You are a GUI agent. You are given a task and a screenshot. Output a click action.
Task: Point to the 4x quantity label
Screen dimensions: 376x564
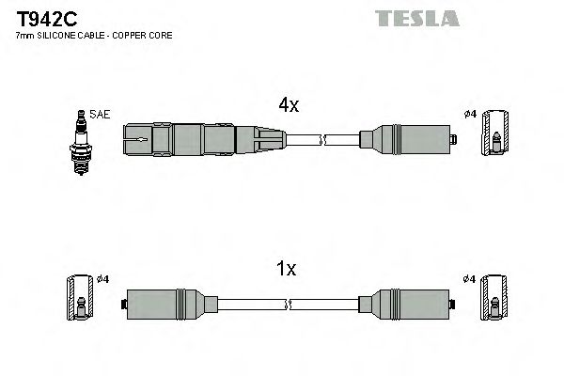coord(287,107)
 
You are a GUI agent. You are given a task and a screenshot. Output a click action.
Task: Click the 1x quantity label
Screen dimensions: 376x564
coord(287,269)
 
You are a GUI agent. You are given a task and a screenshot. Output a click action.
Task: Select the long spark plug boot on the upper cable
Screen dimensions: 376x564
coord(193,142)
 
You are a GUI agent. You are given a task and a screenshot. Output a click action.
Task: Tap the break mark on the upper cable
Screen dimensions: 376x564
coord(322,142)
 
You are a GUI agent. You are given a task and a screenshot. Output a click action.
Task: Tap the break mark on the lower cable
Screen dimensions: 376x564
coord(289,304)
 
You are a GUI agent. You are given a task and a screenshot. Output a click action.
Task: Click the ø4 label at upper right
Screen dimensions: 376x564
coord(471,115)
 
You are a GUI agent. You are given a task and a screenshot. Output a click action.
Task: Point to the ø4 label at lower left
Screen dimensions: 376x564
coord(102,278)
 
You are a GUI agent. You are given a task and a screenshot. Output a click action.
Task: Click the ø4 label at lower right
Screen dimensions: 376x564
coord(470,278)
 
